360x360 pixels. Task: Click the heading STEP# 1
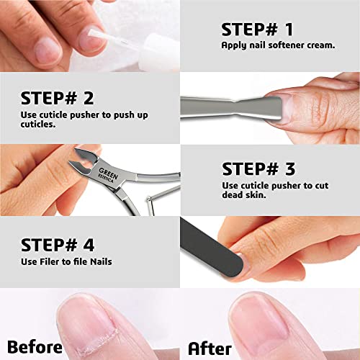click(x=257, y=30)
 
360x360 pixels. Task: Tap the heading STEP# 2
click(x=57, y=97)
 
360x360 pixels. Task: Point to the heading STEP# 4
click(x=57, y=245)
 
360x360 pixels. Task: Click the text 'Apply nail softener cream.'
click(x=268, y=45)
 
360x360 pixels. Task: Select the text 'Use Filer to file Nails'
click(x=66, y=261)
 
